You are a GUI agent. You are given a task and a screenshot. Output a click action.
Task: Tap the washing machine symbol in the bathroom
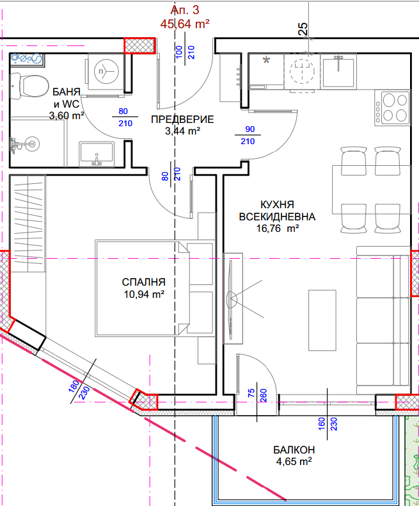[106, 72]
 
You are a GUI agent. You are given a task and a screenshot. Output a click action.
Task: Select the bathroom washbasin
[97, 154]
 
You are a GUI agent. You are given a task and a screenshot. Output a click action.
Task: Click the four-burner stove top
[393, 108]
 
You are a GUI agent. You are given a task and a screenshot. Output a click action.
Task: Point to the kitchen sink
[338, 71]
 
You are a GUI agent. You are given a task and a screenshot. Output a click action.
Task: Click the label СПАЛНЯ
[144, 282]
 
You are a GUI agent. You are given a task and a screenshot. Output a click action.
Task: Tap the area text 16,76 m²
[278, 229]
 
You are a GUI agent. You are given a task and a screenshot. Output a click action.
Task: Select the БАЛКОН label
[294, 450]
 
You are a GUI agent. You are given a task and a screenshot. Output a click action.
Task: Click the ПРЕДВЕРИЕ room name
[182, 119]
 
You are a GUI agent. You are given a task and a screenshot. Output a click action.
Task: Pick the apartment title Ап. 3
[185, 10]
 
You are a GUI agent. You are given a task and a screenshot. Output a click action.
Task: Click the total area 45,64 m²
[185, 24]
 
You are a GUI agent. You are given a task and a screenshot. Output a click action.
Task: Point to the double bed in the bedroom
[155, 288]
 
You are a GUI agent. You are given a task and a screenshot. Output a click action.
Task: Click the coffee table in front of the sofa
[322, 320]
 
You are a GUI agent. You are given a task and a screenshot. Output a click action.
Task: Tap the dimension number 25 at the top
[303, 29]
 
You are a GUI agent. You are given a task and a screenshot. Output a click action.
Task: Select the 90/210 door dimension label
[248, 135]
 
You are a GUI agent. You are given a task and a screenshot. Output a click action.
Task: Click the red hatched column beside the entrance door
[140, 45]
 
